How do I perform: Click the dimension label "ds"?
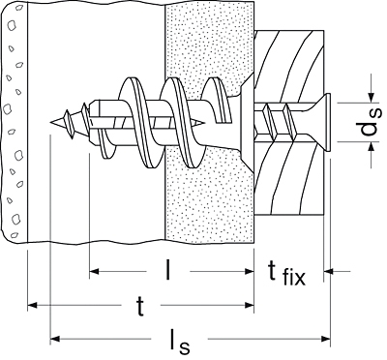[371, 123]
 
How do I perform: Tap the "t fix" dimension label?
[286, 274]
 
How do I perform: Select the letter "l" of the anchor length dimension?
[167, 269]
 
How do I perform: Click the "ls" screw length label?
[179, 342]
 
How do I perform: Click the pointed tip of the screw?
[50, 122]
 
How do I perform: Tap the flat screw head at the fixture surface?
[328, 123]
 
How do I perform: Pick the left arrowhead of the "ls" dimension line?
[55, 339]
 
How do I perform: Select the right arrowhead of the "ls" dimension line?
[326, 339]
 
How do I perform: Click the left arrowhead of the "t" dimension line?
[32, 305]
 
